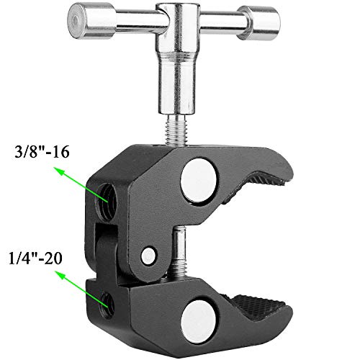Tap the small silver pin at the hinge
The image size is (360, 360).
click(x=148, y=254)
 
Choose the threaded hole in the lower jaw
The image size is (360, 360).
click(x=107, y=304)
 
